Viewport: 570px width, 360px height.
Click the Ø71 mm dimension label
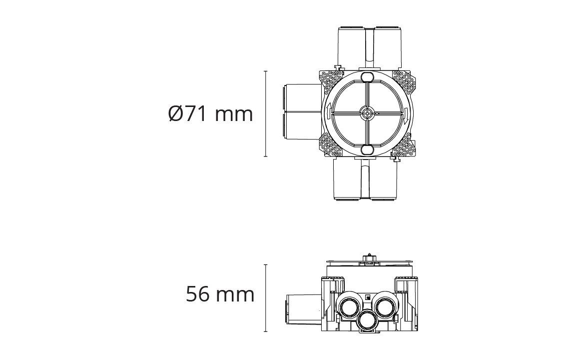tap(210, 113)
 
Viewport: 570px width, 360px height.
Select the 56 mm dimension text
tap(220, 294)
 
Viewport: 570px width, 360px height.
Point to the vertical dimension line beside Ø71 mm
tap(266, 114)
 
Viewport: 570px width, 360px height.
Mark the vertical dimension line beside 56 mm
tap(266, 298)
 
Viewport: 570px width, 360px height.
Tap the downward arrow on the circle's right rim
tap(406, 113)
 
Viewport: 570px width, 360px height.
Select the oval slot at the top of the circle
tap(367, 77)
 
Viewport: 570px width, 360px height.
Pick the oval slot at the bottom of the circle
tap(367, 149)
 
